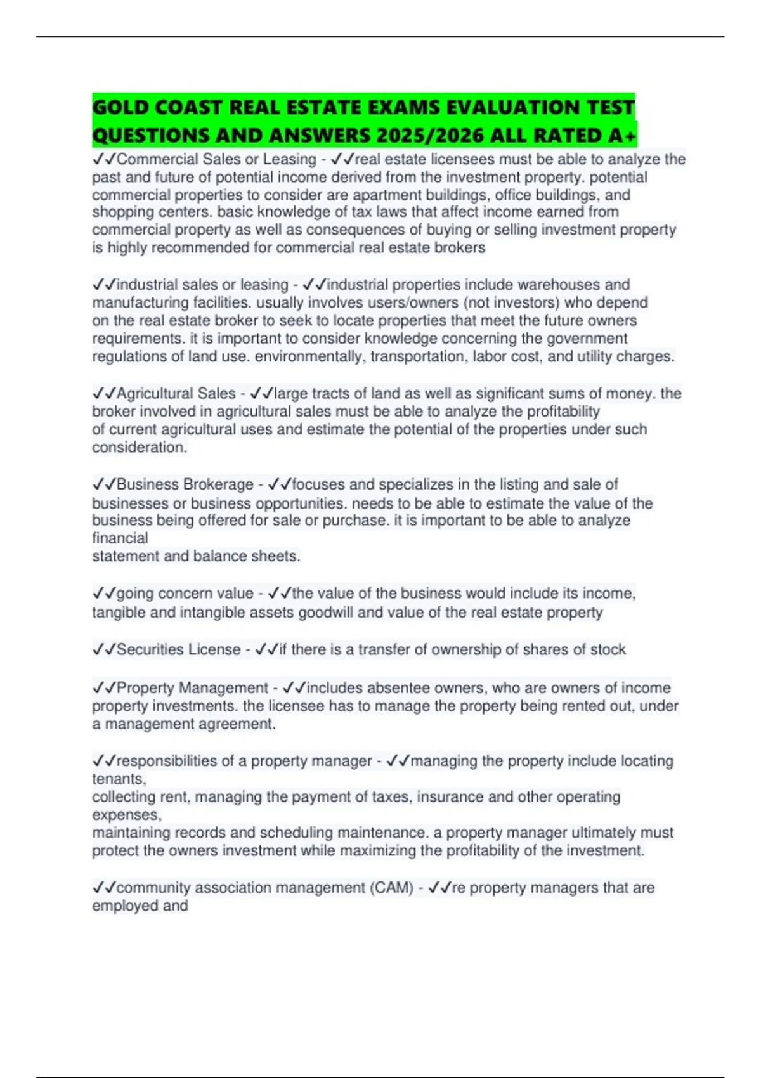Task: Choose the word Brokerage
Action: (x=218, y=484)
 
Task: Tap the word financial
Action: (x=120, y=538)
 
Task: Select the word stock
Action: (x=608, y=649)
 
